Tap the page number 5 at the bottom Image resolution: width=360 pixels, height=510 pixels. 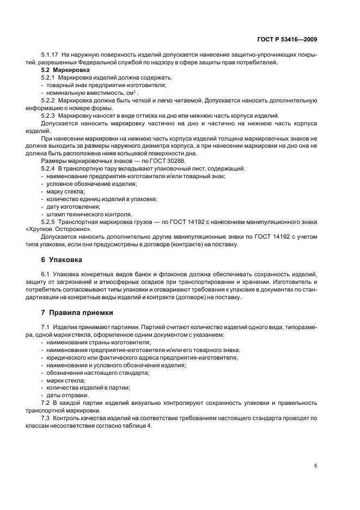click(x=315, y=466)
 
